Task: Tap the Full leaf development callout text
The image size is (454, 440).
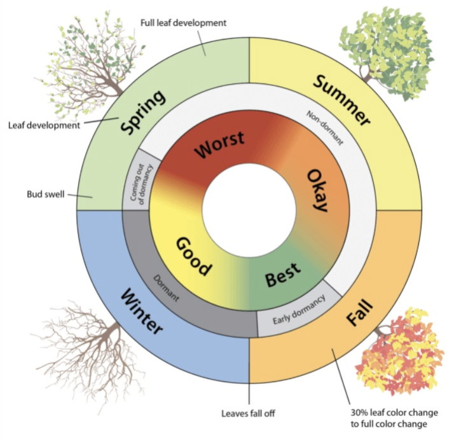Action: [x=183, y=23]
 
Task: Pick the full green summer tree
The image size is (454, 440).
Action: [x=387, y=51]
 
